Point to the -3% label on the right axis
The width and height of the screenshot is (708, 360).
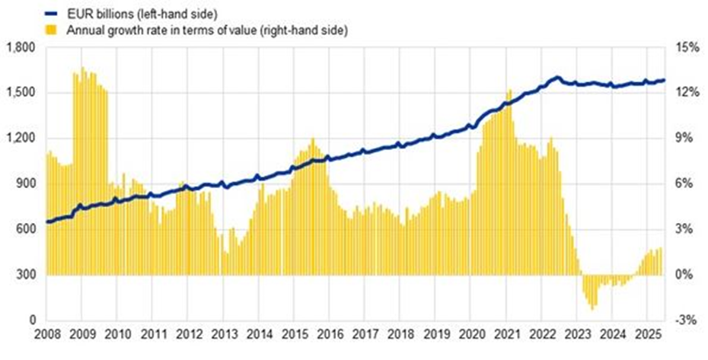coord(687,320)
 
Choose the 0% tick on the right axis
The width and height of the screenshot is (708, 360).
coord(688,275)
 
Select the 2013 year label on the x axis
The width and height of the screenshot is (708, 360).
coord(223,335)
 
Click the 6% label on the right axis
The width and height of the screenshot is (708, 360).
coord(688,183)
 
